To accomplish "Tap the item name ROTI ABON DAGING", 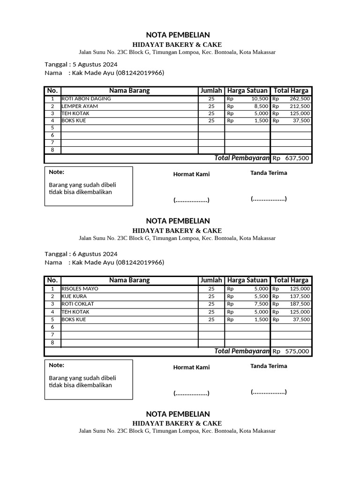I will (86, 99).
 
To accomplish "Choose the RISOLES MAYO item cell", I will (80, 289).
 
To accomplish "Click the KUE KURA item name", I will (74, 296).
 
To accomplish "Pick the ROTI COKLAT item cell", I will (77, 304).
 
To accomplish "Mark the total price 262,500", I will (300, 99).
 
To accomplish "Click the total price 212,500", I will (300, 106).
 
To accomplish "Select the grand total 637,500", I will (297, 158).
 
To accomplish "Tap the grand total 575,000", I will (297, 352).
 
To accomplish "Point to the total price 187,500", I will (300, 304).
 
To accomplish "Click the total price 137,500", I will (300, 296).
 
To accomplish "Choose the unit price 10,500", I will (260, 99).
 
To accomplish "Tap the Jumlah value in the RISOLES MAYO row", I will (211, 289).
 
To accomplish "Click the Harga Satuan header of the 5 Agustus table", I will (247, 90).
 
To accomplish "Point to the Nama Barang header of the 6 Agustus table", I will (129, 280).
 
